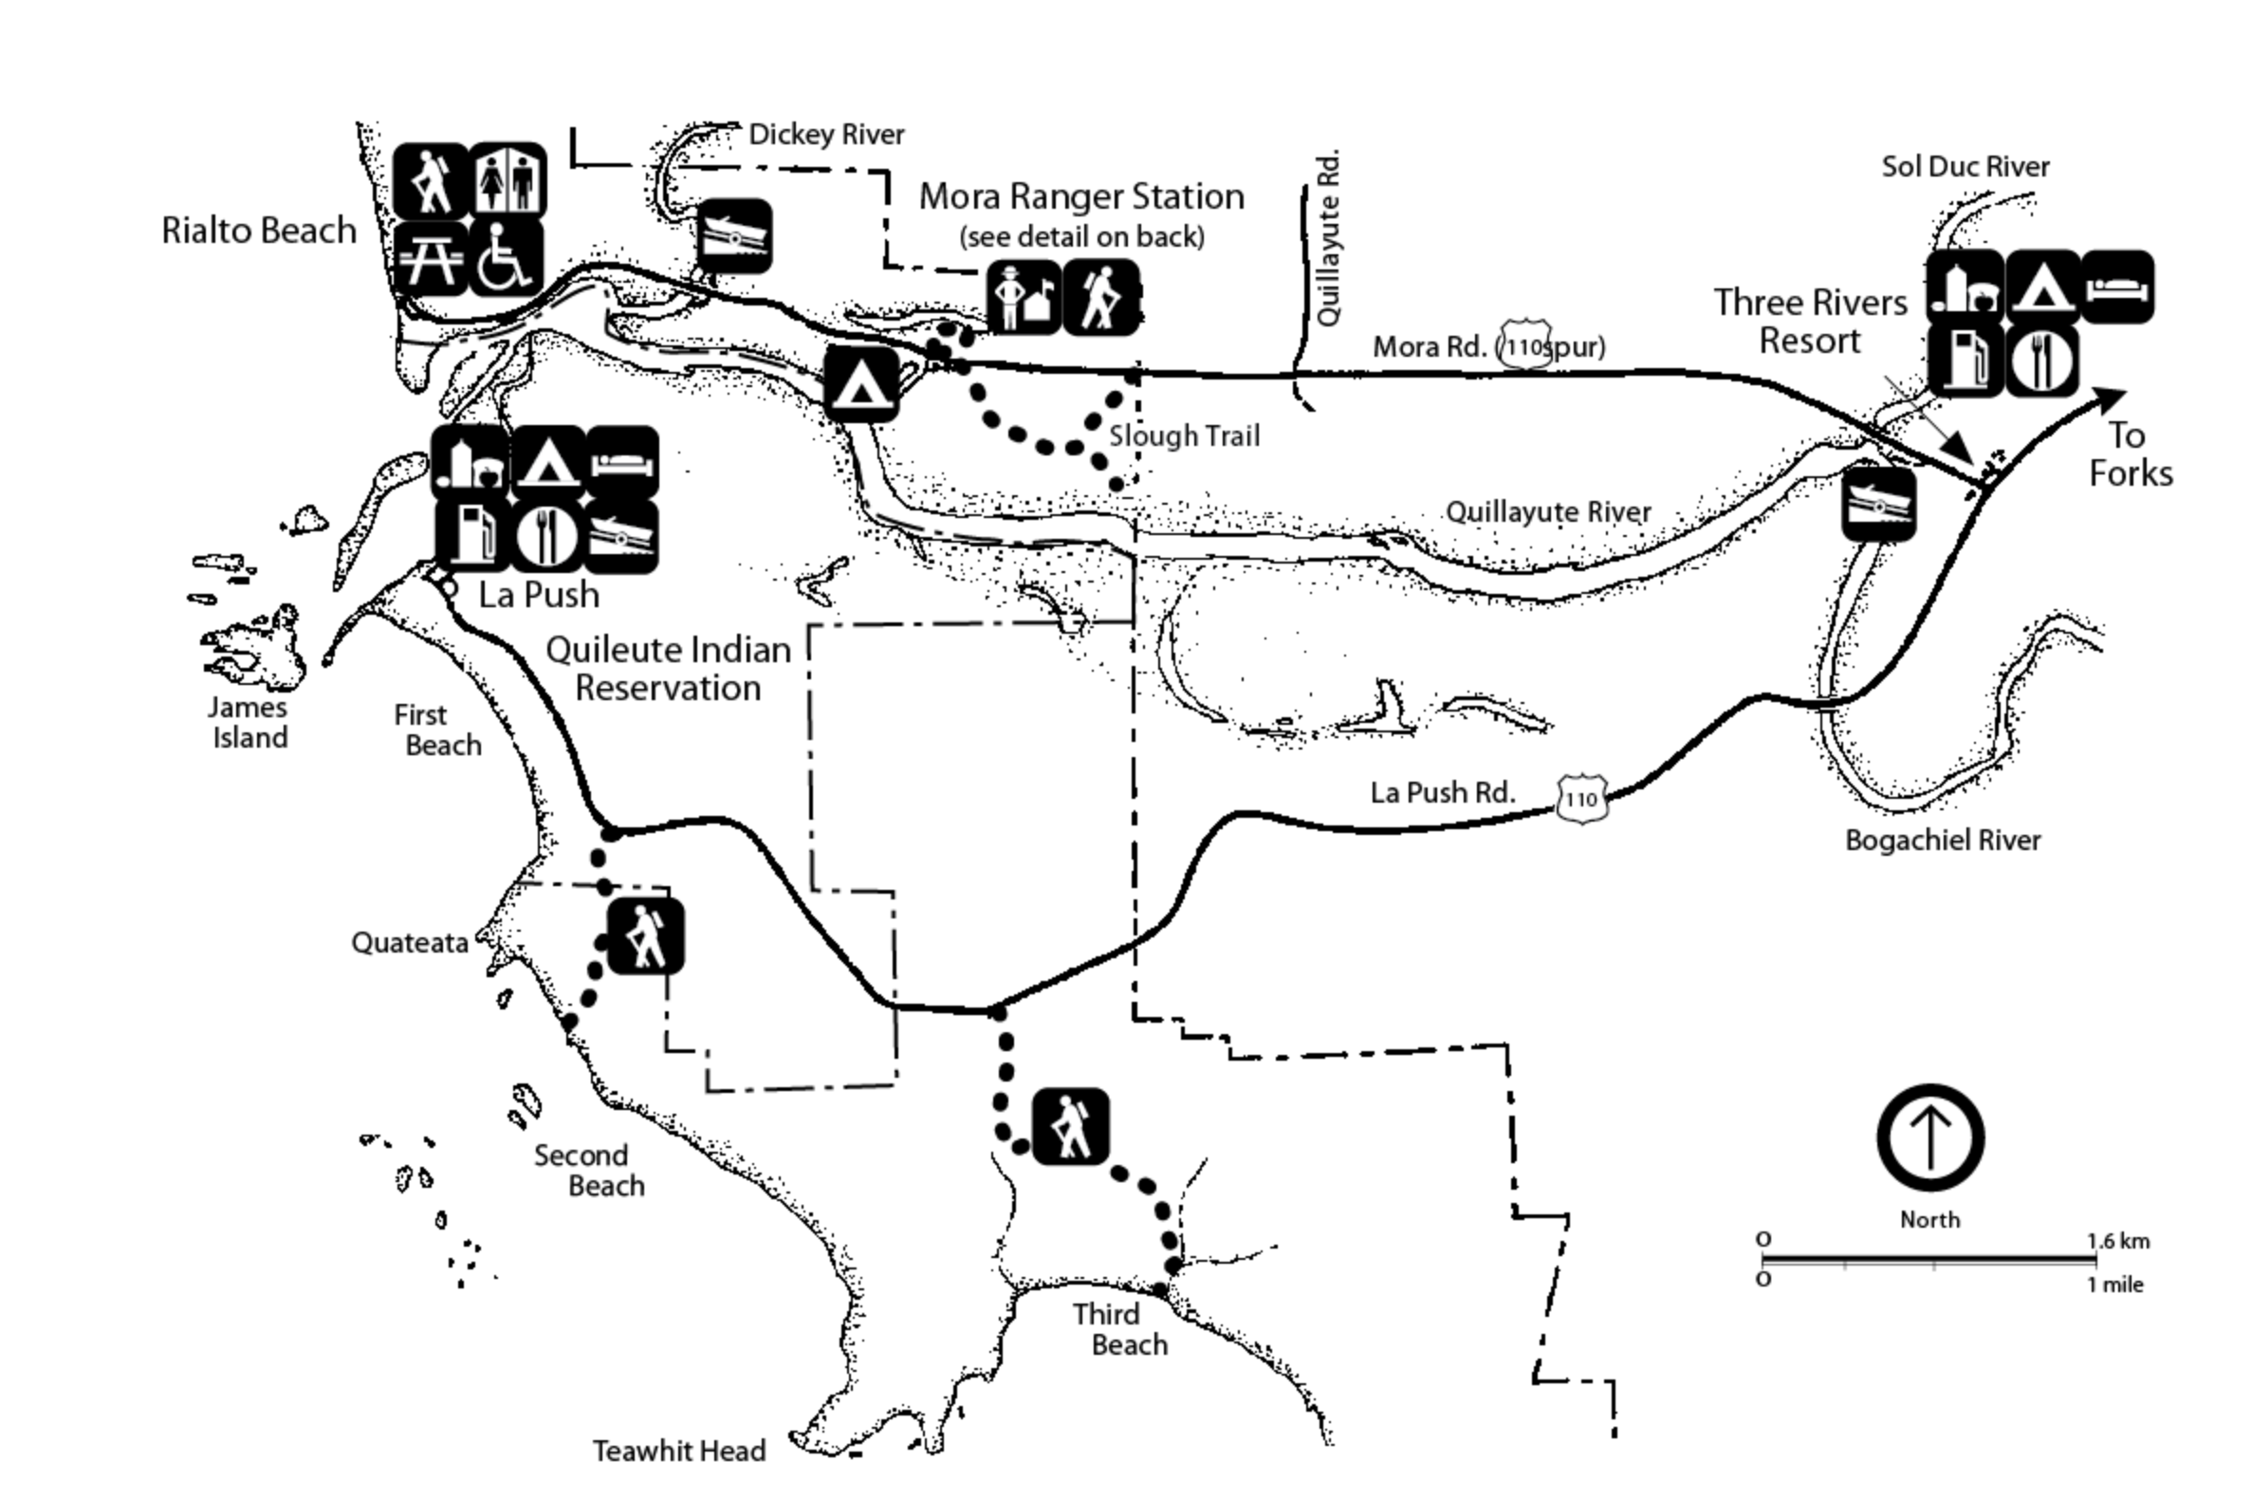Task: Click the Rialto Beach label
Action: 258,231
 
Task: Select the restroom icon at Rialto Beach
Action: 508,179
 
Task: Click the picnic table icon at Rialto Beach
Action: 432,258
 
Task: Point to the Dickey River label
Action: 826,135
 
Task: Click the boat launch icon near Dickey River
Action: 734,236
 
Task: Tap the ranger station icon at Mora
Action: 1024,297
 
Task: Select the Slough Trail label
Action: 1184,435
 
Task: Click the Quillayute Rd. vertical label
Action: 1329,237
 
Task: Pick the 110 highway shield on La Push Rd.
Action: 1582,798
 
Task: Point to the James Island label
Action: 249,723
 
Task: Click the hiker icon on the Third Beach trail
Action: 1071,1126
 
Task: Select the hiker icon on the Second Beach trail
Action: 645,935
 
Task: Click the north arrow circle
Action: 1929,1138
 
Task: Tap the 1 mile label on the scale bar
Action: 2114,1285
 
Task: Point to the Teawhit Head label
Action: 678,1452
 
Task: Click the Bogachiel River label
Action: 1943,841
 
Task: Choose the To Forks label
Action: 2130,455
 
